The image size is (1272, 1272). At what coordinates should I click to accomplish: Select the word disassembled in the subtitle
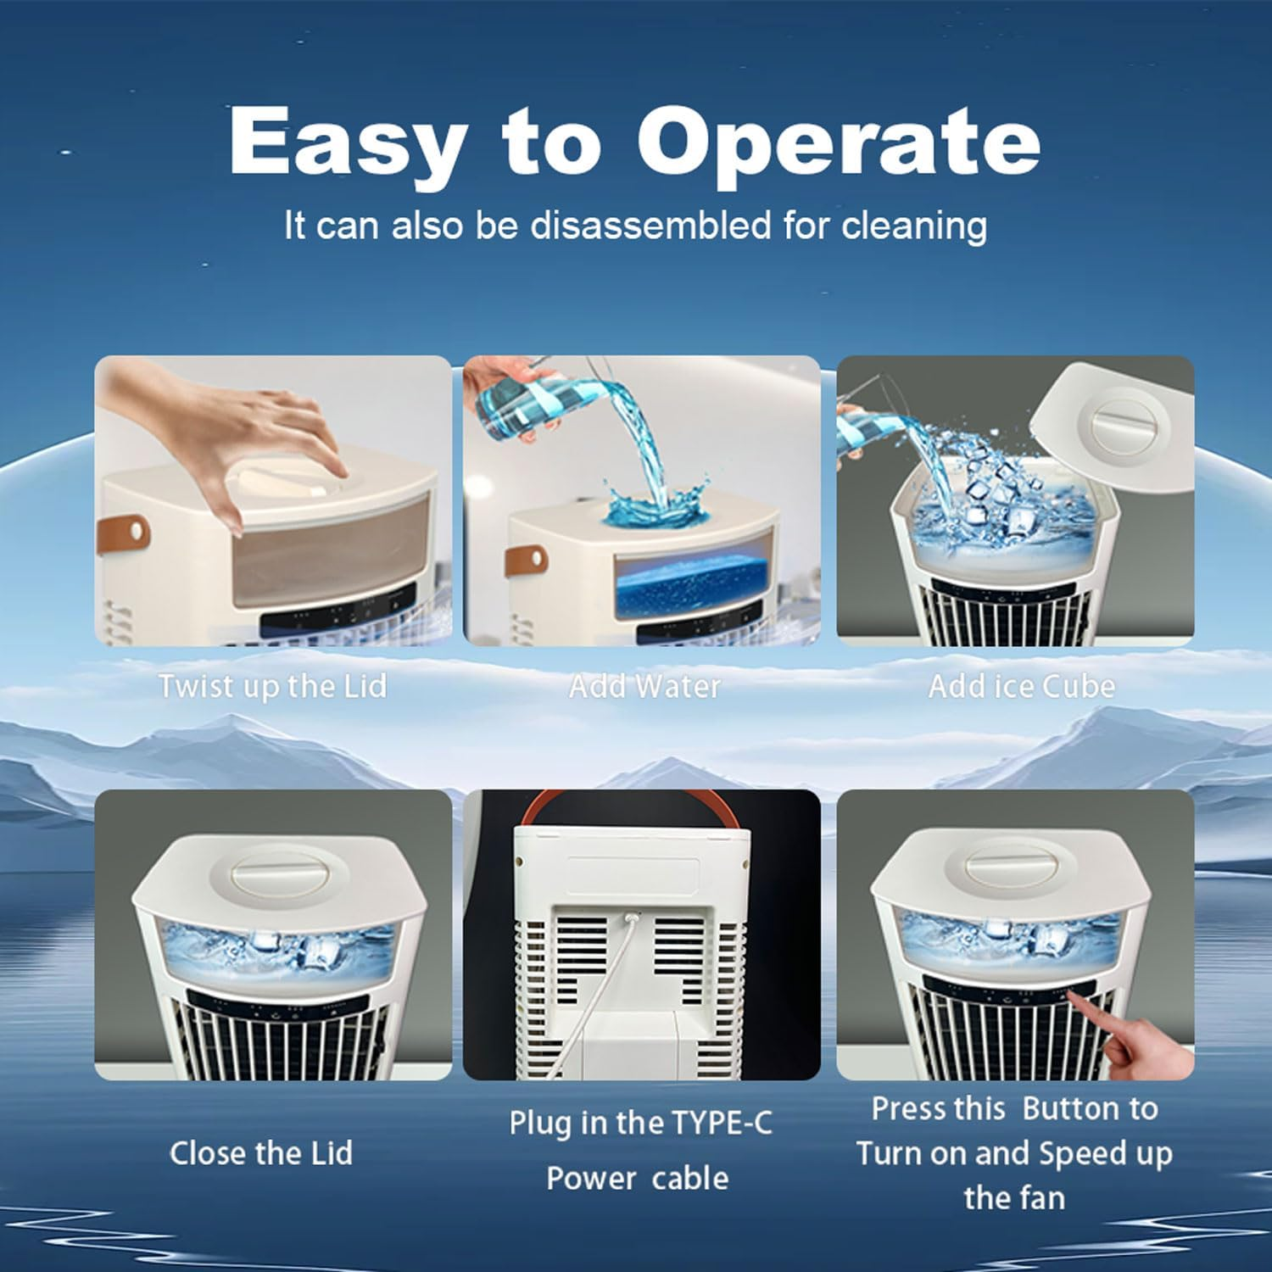(651, 226)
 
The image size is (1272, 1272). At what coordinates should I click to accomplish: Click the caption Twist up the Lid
(272, 685)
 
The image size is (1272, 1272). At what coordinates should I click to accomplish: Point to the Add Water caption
(644, 685)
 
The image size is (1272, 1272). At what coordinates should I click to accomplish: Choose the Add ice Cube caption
(1021, 685)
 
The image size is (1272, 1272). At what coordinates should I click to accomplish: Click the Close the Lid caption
(261, 1153)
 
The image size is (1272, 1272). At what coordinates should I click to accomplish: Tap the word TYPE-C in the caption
(722, 1124)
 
